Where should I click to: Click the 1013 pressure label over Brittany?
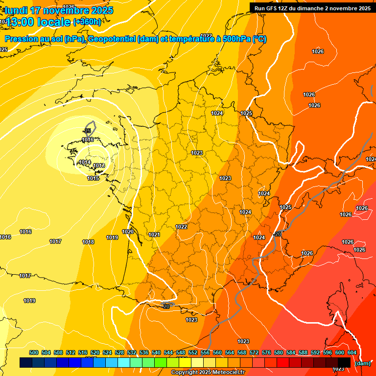(x=99, y=166)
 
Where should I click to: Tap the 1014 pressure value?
(x=85, y=162)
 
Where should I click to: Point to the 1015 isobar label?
(x=94, y=178)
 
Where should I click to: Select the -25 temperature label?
(x=87, y=131)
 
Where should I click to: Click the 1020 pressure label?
(x=128, y=232)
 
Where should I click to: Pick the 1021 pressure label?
(x=154, y=235)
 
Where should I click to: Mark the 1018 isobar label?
(x=88, y=242)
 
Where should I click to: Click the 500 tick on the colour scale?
(x=34, y=352)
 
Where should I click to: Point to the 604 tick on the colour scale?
(x=352, y=352)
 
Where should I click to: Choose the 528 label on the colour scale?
(x=119, y=352)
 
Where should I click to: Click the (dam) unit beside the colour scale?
(x=362, y=363)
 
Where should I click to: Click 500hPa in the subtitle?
(x=235, y=39)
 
